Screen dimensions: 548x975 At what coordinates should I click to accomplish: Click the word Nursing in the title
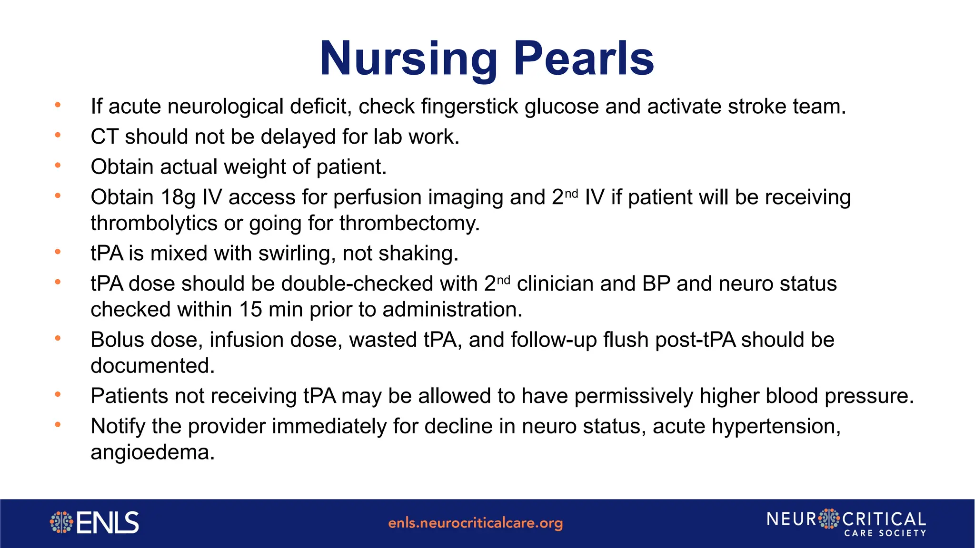(408, 59)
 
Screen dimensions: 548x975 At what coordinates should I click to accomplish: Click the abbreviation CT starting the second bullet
(104, 137)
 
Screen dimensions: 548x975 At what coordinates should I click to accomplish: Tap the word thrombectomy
(409, 224)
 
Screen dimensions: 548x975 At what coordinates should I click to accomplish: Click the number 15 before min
(250, 310)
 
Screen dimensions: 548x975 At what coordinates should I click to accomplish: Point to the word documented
(152, 366)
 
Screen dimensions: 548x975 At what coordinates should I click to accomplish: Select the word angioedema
(152, 452)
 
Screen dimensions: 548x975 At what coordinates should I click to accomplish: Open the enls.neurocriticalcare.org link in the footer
(475, 523)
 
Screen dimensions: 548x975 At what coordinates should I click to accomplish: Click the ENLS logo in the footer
(94, 523)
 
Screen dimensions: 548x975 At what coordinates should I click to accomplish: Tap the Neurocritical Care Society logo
(846, 523)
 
